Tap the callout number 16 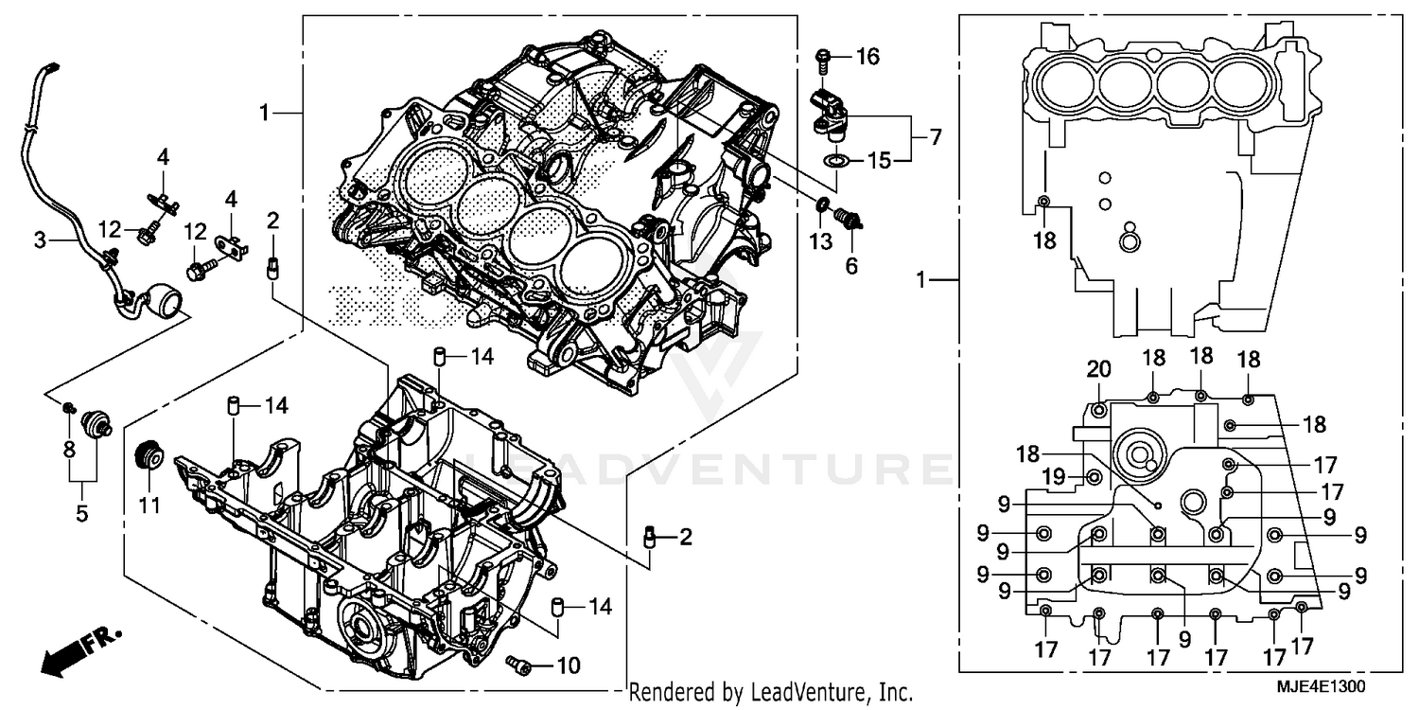(867, 57)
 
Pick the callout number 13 (821, 242)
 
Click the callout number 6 (851, 267)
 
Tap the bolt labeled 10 (519, 666)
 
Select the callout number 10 (568, 666)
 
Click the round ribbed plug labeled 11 (148, 455)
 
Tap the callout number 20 (1097, 369)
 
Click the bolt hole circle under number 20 (1098, 410)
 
